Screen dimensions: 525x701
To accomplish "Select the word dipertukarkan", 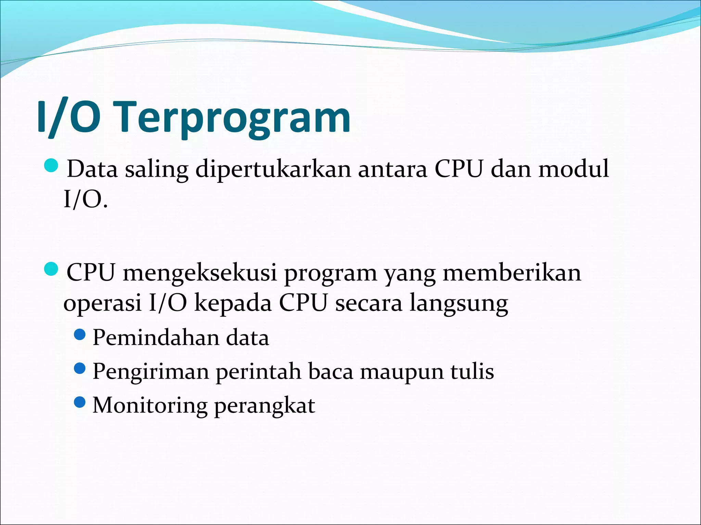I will (x=273, y=169).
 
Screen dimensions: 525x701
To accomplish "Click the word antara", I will (x=393, y=169).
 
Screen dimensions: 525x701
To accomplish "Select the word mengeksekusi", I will (x=200, y=273).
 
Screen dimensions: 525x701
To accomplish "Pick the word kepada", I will (x=233, y=304).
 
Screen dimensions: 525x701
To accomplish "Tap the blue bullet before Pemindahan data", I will (x=79, y=335).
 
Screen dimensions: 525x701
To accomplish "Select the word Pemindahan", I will (x=156, y=338).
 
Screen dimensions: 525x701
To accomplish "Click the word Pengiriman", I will (x=151, y=372).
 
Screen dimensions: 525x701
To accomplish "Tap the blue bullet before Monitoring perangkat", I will (x=79, y=402).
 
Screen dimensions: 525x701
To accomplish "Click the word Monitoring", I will (x=150, y=405).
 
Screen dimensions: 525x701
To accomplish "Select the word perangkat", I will (x=265, y=405).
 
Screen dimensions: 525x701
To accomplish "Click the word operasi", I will (x=102, y=304).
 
